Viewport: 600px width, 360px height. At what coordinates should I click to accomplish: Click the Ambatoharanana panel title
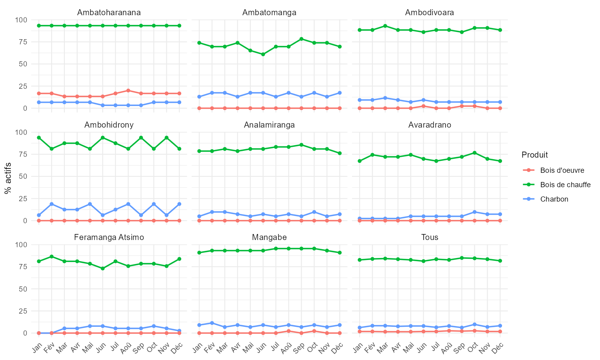[109, 12]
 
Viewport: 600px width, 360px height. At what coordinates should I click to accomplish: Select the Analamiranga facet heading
[269, 125]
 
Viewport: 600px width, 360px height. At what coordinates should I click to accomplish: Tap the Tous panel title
[430, 237]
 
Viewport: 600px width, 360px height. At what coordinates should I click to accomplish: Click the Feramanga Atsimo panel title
[109, 237]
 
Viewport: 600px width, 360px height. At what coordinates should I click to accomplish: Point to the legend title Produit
[534, 155]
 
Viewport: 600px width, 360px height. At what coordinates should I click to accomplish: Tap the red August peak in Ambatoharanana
[128, 90]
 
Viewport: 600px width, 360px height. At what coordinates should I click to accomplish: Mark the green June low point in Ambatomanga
[263, 54]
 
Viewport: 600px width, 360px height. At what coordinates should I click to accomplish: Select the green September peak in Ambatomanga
[301, 39]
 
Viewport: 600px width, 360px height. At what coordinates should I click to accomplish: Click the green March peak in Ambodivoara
[385, 26]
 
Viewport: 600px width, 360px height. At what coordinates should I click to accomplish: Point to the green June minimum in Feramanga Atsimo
[102, 268]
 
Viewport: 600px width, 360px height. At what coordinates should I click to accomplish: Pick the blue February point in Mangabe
[212, 323]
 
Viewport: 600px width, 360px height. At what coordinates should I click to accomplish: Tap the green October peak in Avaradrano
[474, 153]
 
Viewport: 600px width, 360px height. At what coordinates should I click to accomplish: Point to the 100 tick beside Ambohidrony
[21, 132]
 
